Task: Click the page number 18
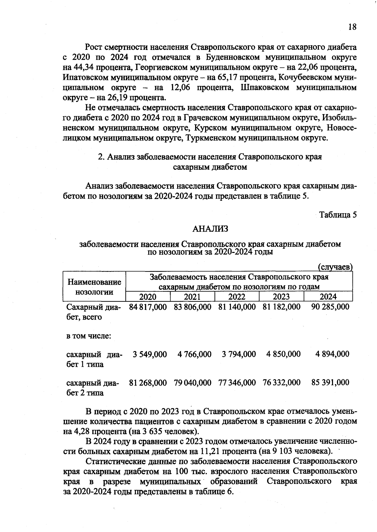click(352, 27)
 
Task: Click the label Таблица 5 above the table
click(338, 215)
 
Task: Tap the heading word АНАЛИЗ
click(210, 229)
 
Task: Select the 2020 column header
click(148, 297)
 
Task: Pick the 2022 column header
click(237, 297)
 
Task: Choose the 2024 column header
click(328, 297)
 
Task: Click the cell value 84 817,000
click(148, 307)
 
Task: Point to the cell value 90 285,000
click(330, 307)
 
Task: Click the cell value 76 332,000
click(281, 382)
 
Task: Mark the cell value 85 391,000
click(330, 382)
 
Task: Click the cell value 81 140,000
click(237, 307)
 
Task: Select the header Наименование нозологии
click(94, 287)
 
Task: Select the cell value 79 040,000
click(192, 382)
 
